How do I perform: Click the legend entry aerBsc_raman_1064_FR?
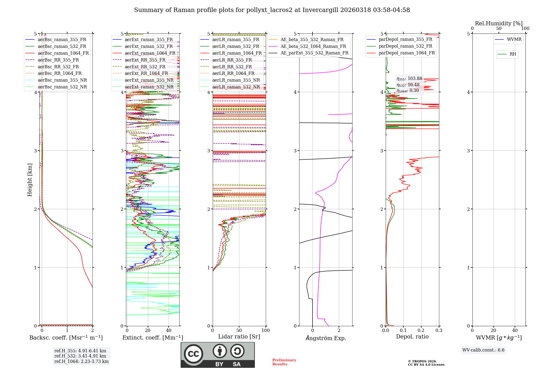click(63, 53)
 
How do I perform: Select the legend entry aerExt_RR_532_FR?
click(145, 67)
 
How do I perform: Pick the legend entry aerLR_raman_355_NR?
click(236, 80)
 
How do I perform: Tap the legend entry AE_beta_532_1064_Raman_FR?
click(313, 47)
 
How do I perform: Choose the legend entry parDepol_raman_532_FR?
click(405, 46)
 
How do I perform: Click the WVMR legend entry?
click(514, 39)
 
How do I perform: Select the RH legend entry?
click(513, 54)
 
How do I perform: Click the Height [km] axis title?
click(30, 180)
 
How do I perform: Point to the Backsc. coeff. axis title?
click(66, 338)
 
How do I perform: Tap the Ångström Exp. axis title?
click(326, 338)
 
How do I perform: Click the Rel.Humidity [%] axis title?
click(499, 23)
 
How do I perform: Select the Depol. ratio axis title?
click(412, 337)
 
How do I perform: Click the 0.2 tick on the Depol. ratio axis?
click(421, 331)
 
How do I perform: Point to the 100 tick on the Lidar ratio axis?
click(265, 331)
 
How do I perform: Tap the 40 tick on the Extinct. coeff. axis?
click(169, 331)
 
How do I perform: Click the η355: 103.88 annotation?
click(409, 79)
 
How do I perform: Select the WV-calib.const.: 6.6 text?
click(483, 350)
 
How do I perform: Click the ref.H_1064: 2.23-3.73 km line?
click(81, 362)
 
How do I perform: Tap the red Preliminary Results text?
click(284, 362)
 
